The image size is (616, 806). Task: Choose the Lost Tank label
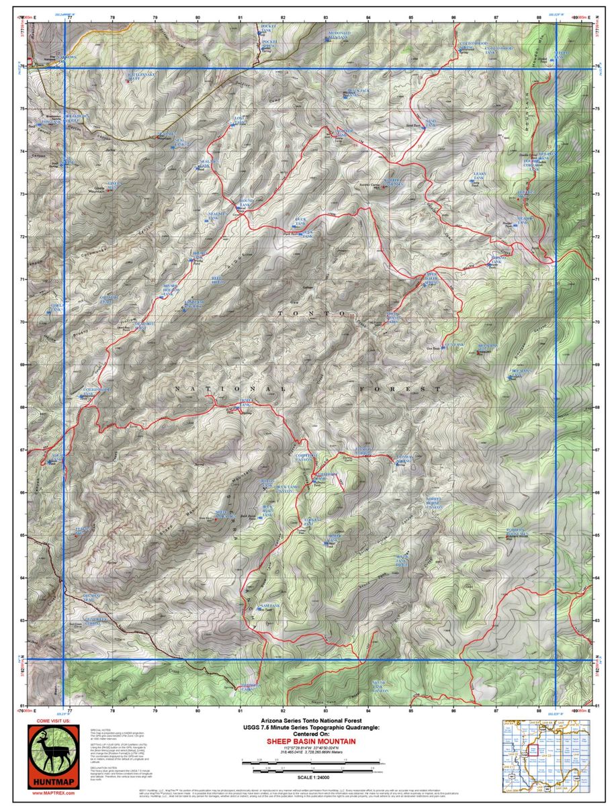pyautogui.click(x=239, y=121)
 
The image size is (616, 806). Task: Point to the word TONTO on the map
pyautogui.click(x=312, y=313)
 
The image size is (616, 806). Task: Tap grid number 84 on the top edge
pyautogui.click(x=368, y=16)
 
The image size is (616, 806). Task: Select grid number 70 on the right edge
pyautogui.click(x=598, y=322)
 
